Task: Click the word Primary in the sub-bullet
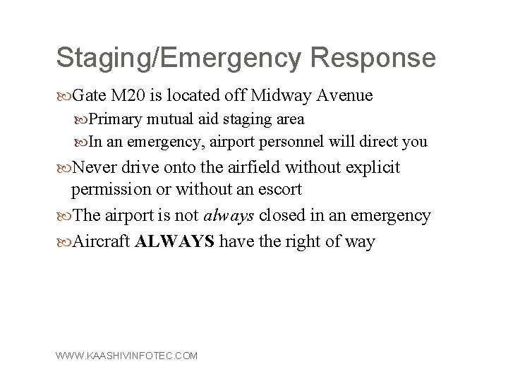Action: click(114, 119)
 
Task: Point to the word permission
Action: click(110, 190)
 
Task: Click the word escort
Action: click(280, 190)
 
